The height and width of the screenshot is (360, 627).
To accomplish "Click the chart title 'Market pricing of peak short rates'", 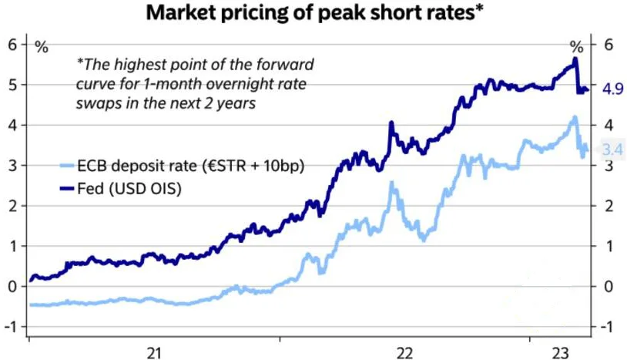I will [313, 13].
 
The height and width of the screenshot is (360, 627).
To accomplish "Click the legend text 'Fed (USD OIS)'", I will [129, 187].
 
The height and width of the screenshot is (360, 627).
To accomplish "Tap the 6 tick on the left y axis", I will [12, 44].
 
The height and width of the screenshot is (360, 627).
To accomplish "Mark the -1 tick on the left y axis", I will [10, 327].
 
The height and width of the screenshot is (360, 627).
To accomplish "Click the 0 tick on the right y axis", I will [608, 287].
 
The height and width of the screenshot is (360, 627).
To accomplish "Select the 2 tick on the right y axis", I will [608, 206].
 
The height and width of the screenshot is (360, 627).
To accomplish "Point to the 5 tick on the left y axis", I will [12, 85].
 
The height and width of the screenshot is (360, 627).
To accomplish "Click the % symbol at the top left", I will [41, 48].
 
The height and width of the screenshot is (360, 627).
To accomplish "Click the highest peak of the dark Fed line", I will [575, 59].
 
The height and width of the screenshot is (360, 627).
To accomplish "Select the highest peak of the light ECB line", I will [574, 117].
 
